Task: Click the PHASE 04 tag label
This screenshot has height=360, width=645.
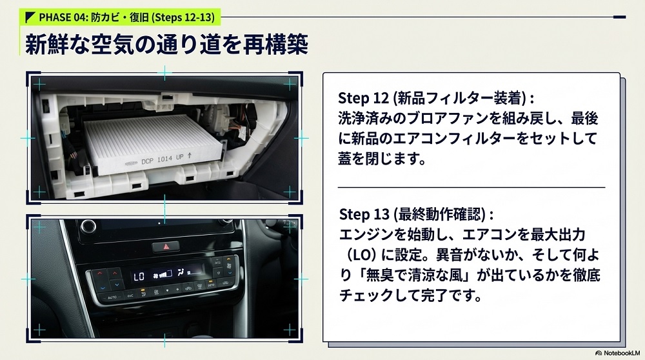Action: click(120, 17)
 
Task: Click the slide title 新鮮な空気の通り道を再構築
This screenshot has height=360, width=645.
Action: click(166, 45)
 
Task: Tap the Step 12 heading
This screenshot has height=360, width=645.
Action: click(436, 98)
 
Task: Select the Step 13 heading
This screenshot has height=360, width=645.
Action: click(416, 214)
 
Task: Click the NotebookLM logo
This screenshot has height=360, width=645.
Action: click(618, 353)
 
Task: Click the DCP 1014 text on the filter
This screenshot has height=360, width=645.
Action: click(157, 160)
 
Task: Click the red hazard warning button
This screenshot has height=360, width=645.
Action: click(166, 246)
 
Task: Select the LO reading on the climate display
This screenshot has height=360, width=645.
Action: click(139, 277)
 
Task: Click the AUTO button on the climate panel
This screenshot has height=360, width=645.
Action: click(112, 297)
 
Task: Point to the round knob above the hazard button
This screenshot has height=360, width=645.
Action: click(88, 225)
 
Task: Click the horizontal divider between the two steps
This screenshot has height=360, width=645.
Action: click(471, 187)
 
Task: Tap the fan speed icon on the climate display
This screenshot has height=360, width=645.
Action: click(162, 274)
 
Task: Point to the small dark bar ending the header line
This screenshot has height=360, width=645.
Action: click(619, 17)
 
